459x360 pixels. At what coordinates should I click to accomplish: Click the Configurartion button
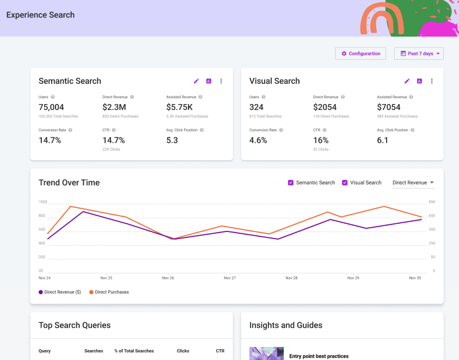pyautogui.click(x=360, y=53)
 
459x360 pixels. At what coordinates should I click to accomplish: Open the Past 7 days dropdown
pyautogui.click(x=419, y=53)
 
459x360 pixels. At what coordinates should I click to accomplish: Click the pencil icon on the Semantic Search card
pyautogui.click(x=197, y=81)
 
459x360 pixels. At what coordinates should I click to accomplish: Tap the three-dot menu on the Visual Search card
pyautogui.click(x=432, y=81)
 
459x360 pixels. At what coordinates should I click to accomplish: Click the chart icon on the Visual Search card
pyautogui.click(x=419, y=81)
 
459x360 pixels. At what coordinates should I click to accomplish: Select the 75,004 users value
pyautogui.click(x=51, y=107)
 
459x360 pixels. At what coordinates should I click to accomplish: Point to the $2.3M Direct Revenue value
pyautogui.click(x=114, y=107)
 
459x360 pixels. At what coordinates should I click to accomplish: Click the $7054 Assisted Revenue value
pyautogui.click(x=389, y=107)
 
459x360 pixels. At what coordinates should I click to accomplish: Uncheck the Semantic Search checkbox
pyautogui.click(x=291, y=182)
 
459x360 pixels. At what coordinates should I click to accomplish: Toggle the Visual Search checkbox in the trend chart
pyautogui.click(x=345, y=182)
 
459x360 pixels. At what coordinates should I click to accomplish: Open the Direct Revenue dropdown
pyautogui.click(x=413, y=182)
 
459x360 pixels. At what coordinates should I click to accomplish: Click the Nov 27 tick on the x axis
pyautogui.click(x=230, y=278)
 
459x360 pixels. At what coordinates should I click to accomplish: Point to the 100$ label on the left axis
pyautogui.click(x=42, y=202)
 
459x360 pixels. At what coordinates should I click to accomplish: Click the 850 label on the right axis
pyautogui.click(x=432, y=202)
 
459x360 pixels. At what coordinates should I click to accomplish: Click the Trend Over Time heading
pyautogui.click(x=69, y=182)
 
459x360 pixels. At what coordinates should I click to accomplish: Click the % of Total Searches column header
pyautogui.click(x=134, y=351)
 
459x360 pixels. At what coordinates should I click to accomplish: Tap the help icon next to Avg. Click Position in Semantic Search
pyautogui.click(x=202, y=130)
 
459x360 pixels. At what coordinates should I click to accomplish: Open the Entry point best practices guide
pyautogui.click(x=319, y=356)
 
